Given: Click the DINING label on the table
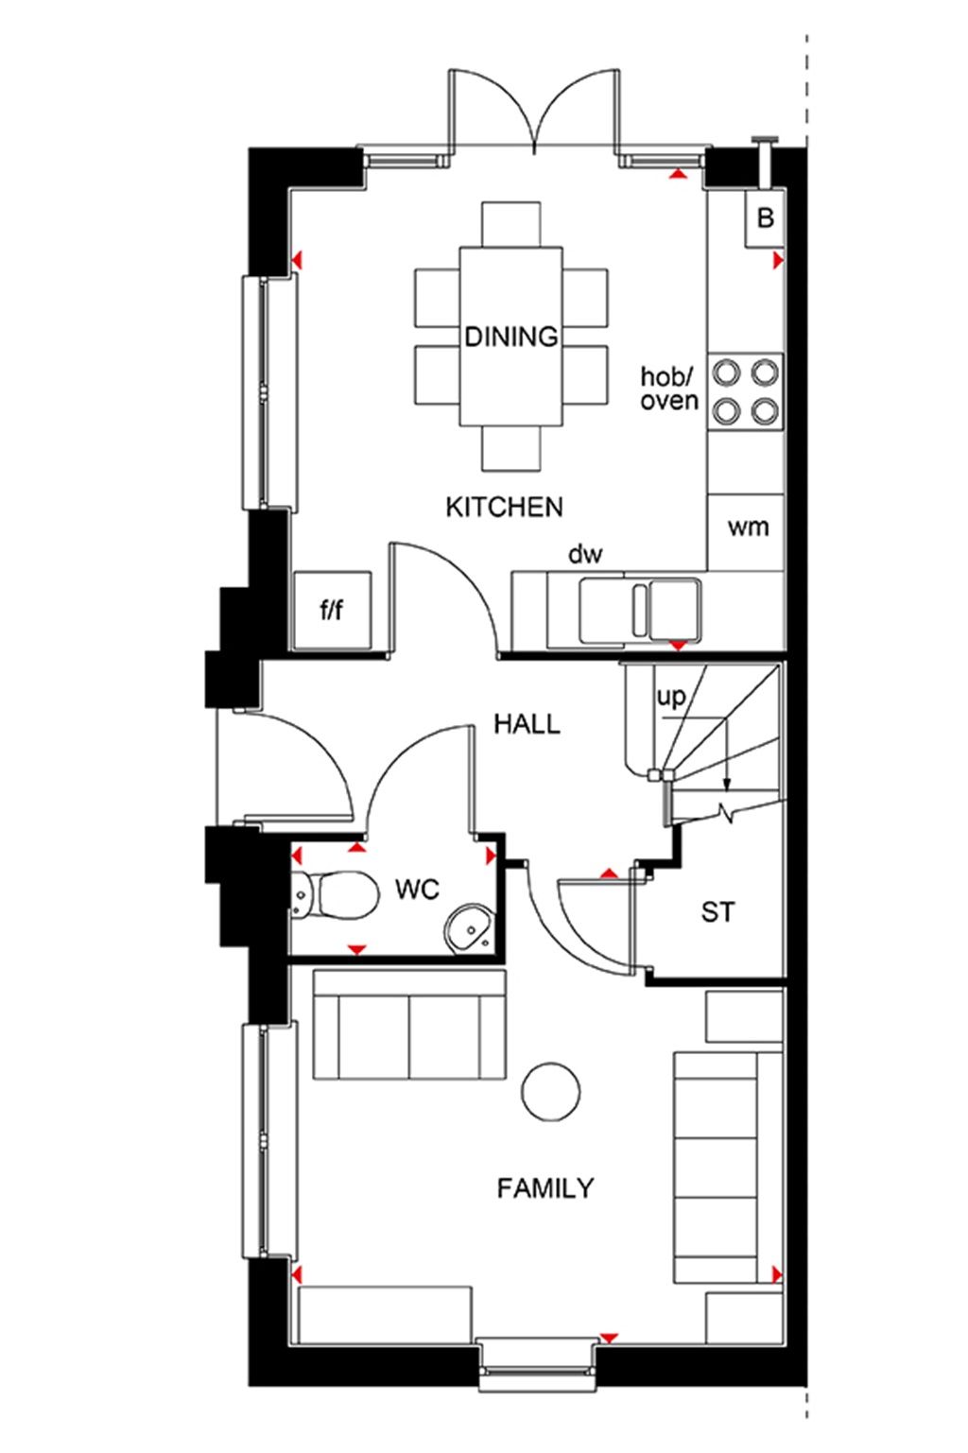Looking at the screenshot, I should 510,337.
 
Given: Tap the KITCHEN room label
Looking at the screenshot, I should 504,508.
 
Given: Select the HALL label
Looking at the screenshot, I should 527,724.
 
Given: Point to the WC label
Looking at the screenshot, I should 417,890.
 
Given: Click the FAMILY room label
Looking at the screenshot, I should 545,1187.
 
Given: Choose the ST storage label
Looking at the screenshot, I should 717,913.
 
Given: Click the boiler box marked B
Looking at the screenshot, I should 765,219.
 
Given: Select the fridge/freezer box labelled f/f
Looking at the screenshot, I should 331,611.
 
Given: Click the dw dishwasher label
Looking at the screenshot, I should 585,555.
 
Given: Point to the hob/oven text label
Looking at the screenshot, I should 669,389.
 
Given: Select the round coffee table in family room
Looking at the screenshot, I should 551,1091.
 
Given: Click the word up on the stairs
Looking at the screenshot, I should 670,698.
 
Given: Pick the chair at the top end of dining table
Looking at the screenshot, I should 510,224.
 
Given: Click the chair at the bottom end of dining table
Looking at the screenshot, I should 510,447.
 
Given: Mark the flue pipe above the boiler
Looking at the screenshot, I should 763,161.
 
